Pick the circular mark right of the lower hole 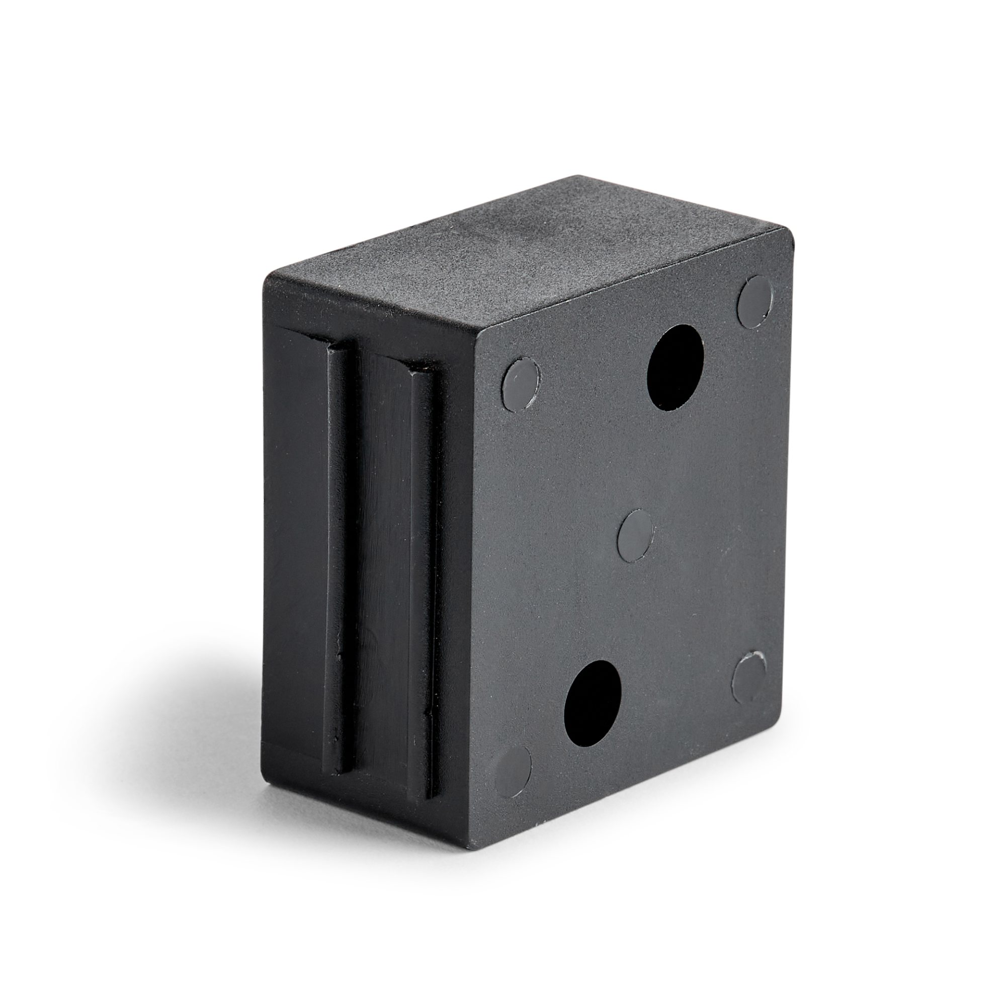point(749,677)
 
